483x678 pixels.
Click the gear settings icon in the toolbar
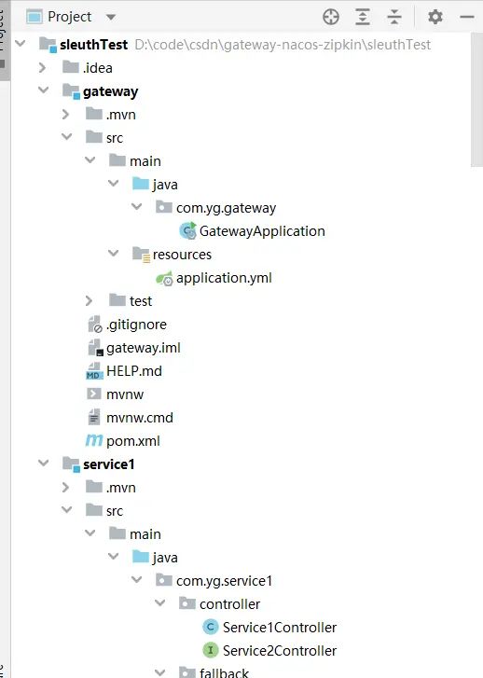(x=435, y=17)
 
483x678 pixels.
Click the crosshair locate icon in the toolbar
(x=330, y=17)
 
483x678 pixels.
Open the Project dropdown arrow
(x=111, y=17)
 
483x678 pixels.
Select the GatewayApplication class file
(x=261, y=231)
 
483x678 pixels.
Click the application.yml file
(x=224, y=278)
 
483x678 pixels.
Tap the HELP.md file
(x=133, y=371)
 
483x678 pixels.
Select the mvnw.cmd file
(x=140, y=418)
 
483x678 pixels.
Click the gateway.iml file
(x=143, y=348)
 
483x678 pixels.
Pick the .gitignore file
(x=136, y=325)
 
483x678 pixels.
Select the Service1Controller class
(x=280, y=628)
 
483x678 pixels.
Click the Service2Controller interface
(x=280, y=651)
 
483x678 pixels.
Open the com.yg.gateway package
(x=226, y=208)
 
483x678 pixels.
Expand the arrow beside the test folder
(x=89, y=301)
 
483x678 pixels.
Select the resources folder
(x=182, y=255)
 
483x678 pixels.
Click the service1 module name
(x=109, y=464)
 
